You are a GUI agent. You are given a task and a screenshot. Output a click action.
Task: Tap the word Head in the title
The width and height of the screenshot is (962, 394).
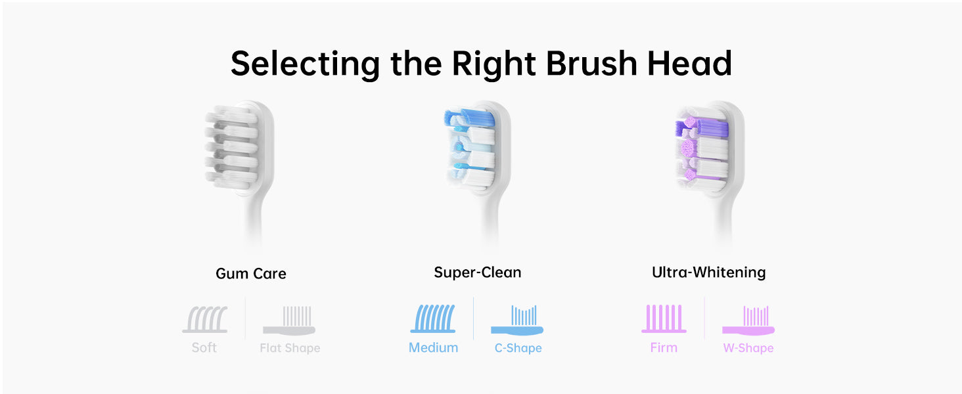coord(689,64)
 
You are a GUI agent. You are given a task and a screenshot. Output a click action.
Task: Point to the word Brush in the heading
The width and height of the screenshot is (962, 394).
coord(591,64)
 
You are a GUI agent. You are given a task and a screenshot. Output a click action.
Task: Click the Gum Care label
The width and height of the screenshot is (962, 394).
coord(251,273)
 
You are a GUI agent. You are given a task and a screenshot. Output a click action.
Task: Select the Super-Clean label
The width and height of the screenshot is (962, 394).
coord(478,273)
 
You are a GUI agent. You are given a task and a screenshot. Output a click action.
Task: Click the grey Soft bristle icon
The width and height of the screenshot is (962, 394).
coord(205,319)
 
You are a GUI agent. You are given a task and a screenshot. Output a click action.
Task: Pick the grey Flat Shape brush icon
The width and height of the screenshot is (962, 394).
coord(289,320)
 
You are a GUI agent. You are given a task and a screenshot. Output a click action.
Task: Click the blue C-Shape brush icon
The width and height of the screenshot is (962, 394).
coord(517,320)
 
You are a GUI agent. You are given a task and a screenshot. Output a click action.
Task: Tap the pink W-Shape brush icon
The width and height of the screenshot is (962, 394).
coord(748,320)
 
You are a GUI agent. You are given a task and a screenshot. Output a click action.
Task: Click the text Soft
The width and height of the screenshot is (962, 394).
coord(204,347)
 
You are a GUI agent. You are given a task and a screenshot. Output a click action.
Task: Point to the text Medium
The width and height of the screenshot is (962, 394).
coord(433,347)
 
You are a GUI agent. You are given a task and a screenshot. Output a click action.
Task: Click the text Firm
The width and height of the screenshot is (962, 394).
coord(664,347)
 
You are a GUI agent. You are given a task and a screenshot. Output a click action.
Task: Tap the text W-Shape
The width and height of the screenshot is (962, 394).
coord(748,347)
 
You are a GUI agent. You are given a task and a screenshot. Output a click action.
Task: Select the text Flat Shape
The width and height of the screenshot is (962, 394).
coord(290,347)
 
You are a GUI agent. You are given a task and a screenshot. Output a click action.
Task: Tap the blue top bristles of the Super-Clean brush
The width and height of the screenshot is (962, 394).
coord(469,118)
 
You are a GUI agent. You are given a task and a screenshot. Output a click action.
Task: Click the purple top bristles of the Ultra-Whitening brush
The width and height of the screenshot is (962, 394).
coord(702,127)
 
